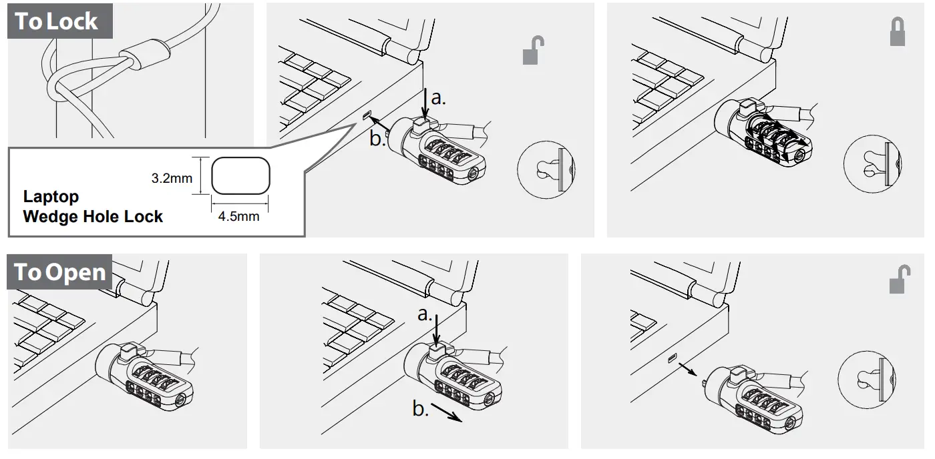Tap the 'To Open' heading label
60,272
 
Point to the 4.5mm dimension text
238,216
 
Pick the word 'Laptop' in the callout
51,197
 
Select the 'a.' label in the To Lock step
438,97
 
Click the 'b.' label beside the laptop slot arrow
378,138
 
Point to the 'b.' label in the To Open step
420,408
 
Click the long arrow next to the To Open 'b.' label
446,413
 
